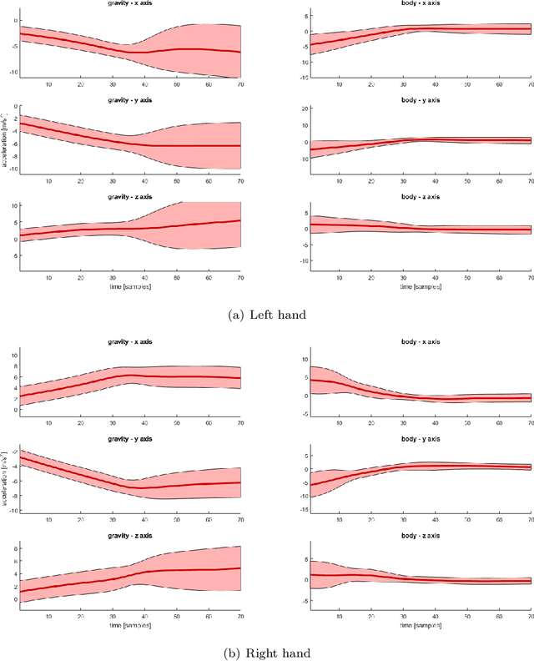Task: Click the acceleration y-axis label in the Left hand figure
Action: pyautogui.click(x=5, y=144)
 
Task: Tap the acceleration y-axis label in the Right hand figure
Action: pyautogui.click(x=5, y=477)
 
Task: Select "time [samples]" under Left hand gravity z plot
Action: pyautogui.click(x=128, y=286)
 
